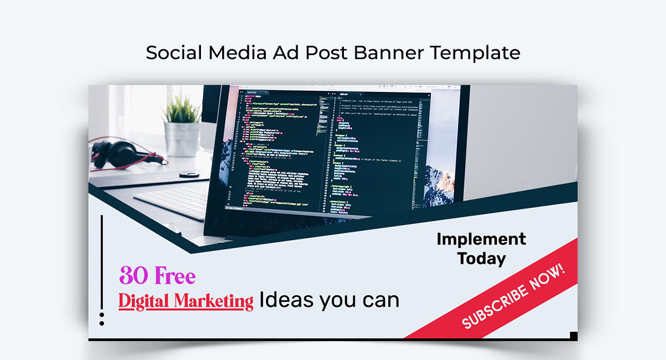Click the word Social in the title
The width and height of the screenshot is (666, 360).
174,53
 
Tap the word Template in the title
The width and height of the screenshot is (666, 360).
475,53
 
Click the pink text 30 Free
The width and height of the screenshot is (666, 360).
157,277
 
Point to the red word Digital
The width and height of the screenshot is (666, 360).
145,301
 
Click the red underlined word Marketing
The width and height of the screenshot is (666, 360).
214,301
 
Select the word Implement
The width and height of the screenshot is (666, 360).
481,239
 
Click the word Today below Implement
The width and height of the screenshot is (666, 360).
481,258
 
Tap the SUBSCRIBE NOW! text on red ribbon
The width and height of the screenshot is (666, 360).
513,296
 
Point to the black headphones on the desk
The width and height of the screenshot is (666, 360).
115,153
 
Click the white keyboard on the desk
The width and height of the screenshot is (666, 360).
172,202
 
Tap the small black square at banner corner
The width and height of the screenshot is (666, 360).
573,335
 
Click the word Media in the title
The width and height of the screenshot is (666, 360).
237,53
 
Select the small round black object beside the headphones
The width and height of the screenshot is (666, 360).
189,173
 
